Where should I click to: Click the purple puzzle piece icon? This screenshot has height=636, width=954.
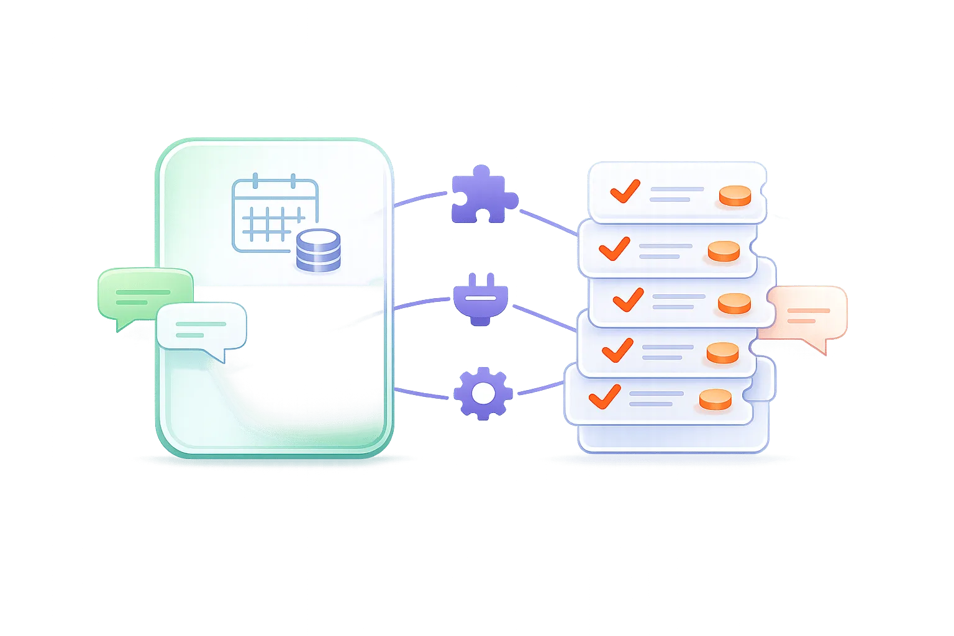483,195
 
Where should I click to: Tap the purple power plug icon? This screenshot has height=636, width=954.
482,299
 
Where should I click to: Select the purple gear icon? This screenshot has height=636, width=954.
483,393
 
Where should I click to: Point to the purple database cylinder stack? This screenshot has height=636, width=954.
319,250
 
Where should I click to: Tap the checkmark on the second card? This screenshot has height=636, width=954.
614,248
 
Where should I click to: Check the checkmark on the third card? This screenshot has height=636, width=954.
628,299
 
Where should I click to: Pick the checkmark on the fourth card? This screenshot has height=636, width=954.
617,350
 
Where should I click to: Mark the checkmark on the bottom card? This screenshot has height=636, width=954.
604,396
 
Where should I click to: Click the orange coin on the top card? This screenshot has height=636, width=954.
735,196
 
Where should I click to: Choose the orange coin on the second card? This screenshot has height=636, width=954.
724,251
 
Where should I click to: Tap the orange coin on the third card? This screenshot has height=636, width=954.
734,303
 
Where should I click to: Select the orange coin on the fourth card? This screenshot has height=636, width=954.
723,353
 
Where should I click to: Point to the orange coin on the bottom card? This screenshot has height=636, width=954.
715,399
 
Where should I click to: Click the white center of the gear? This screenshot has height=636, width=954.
483,393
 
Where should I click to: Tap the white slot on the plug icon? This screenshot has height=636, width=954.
482,298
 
